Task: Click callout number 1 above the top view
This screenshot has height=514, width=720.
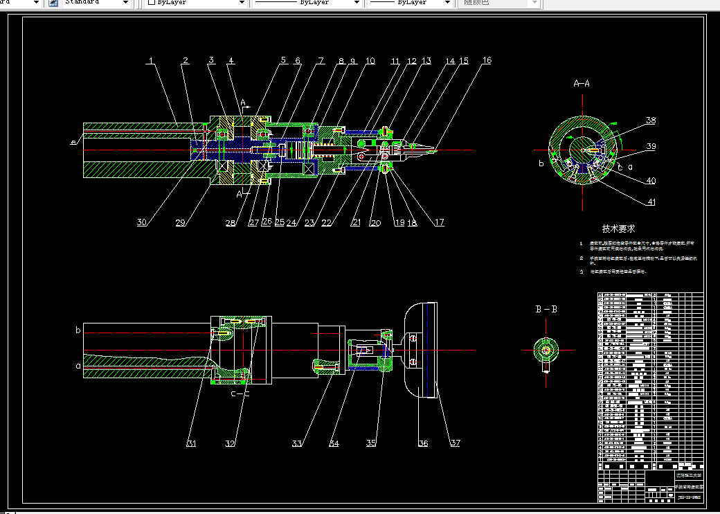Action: point(152,61)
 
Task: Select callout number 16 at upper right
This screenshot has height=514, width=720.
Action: point(487,61)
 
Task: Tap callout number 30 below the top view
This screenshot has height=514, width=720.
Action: point(142,222)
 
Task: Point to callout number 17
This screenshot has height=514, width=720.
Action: point(439,222)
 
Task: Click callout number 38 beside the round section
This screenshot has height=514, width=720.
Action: point(651,121)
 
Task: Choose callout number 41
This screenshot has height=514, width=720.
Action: point(651,202)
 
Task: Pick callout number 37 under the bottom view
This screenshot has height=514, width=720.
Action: point(454,443)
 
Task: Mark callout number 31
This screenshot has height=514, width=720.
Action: point(192,443)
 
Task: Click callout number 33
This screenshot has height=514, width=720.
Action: point(298,443)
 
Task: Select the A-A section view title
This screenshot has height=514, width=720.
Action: point(582,83)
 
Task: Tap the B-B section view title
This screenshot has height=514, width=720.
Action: point(546,309)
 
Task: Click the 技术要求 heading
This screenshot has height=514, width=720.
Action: point(618,228)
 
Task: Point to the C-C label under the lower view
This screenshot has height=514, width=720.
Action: point(240,393)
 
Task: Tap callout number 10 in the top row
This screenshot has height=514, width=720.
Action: point(370,61)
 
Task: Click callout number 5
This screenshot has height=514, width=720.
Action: point(283,61)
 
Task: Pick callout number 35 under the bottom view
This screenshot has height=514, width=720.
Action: point(371,443)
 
